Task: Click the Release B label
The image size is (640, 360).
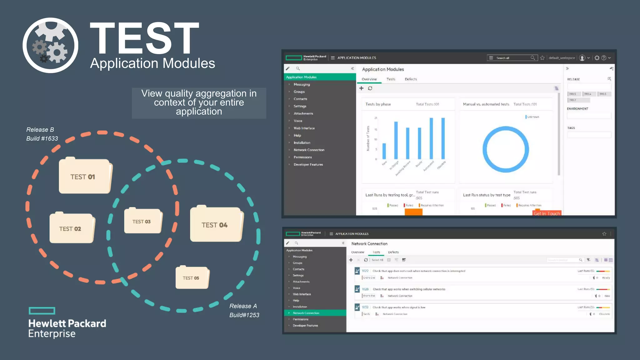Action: tap(40, 130)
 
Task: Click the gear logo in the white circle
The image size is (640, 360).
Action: tap(50, 46)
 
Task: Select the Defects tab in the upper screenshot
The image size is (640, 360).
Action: tap(411, 79)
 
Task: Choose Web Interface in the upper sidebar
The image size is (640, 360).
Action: tap(304, 128)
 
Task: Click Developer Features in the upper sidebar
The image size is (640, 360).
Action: tap(308, 165)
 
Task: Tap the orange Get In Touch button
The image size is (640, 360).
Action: tap(547, 213)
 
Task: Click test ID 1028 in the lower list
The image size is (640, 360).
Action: tap(365, 289)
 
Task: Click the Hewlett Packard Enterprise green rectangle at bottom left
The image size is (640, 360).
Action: tap(42, 311)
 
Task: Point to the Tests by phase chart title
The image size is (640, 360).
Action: tap(378, 104)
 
